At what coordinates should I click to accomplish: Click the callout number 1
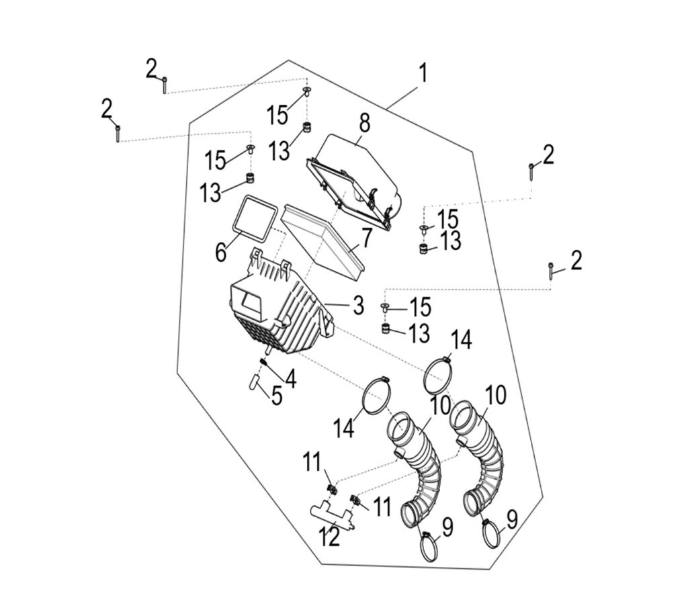(x=423, y=73)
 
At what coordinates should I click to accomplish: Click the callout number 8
(x=364, y=123)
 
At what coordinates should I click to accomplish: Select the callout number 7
(x=366, y=237)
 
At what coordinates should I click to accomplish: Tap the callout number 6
(x=220, y=253)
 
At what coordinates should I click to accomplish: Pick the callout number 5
(x=276, y=396)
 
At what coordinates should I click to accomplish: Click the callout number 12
(x=331, y=537)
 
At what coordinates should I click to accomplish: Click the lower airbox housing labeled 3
(x=282, y=309)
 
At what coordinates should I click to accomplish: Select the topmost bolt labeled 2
(x=164, y=85)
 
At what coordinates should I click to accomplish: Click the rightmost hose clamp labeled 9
(x=496, y=535)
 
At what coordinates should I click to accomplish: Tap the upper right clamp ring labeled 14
(x=441, y=376)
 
